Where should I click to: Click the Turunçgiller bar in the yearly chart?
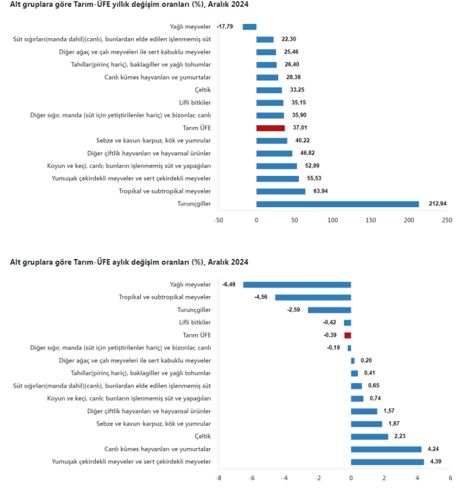[x=337, y=203]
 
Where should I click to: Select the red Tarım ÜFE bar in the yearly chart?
[x=270, y=128]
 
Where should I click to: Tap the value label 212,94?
[x=439, y=203]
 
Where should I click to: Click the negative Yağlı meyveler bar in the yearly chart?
[x=249, y=26]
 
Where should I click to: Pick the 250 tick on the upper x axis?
[x=447, y=220]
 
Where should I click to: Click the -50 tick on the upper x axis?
[x=218, y=220]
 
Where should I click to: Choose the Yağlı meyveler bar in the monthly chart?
[x=297, y=285]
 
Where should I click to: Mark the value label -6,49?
[x=229, y=285]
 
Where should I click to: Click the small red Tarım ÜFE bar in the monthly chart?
[x=348, y=335]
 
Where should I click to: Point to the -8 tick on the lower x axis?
[x=218, y=478]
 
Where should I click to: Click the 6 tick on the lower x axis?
[x=450, y=478]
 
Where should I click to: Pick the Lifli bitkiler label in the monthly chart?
[x=195, y=322]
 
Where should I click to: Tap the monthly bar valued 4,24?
[x=386, y=449]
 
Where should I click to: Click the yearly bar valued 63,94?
[x=281, y=191]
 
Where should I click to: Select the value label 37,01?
[x=298, y=128]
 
